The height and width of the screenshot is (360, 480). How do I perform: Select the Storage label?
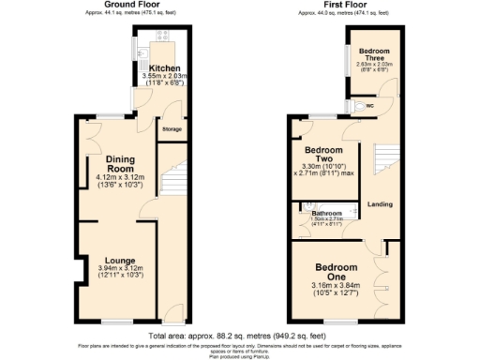[x=172, y=128]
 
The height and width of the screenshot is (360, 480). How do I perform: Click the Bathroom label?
[x=326, y=214]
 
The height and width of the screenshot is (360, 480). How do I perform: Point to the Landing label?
[x=380, y=203]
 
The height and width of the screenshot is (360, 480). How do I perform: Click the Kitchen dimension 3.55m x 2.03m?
[x=164, y=78]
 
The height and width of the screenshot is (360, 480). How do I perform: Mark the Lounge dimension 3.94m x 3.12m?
[x=119, y=270]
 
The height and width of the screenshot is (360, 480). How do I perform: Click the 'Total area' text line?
[x=240, y=334]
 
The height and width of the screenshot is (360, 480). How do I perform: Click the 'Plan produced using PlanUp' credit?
[x=240, y=355]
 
